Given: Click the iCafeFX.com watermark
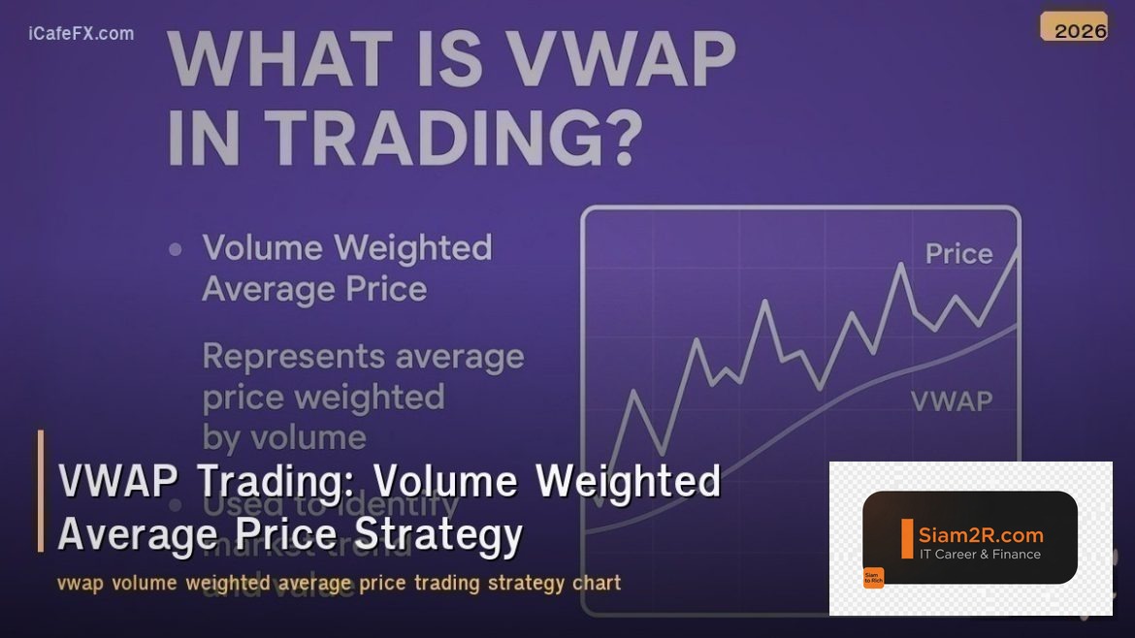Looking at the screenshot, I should coord(81,34).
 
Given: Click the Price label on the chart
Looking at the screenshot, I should coord(958,254).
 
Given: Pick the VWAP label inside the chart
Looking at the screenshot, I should coord(952,400).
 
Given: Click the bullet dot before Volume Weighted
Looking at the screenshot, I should coord(176,249).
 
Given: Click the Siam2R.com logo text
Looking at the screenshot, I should coord(981,535).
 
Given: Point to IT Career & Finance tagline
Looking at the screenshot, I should coord(980,555).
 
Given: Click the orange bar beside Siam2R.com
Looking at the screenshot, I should coord(907,539).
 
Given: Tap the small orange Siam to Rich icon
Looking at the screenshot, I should coord(873,578).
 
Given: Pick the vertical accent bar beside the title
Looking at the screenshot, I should coord(41,491).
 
